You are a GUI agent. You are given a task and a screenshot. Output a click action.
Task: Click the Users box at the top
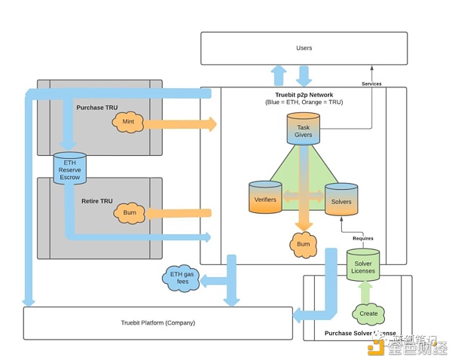pos(304,48)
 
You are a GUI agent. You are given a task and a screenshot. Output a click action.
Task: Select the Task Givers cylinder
pos(304,128)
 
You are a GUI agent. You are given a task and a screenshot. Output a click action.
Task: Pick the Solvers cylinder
pos(341,198)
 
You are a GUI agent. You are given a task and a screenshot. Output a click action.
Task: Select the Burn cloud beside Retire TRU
pos(128,214)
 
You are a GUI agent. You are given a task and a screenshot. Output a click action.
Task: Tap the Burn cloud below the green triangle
pos(304,244)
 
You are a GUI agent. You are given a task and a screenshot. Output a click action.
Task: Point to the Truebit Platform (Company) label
pos(158,323)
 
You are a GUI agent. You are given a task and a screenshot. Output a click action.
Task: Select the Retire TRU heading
pos(96,201)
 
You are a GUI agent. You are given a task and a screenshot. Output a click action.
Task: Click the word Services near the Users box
pos(371,84)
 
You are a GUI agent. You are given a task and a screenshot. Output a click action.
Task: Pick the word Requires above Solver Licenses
pos(362,238)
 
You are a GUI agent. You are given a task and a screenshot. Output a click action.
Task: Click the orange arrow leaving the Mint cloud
pos(177,123)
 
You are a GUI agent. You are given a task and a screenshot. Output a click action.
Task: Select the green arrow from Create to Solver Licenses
pos(365,291)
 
